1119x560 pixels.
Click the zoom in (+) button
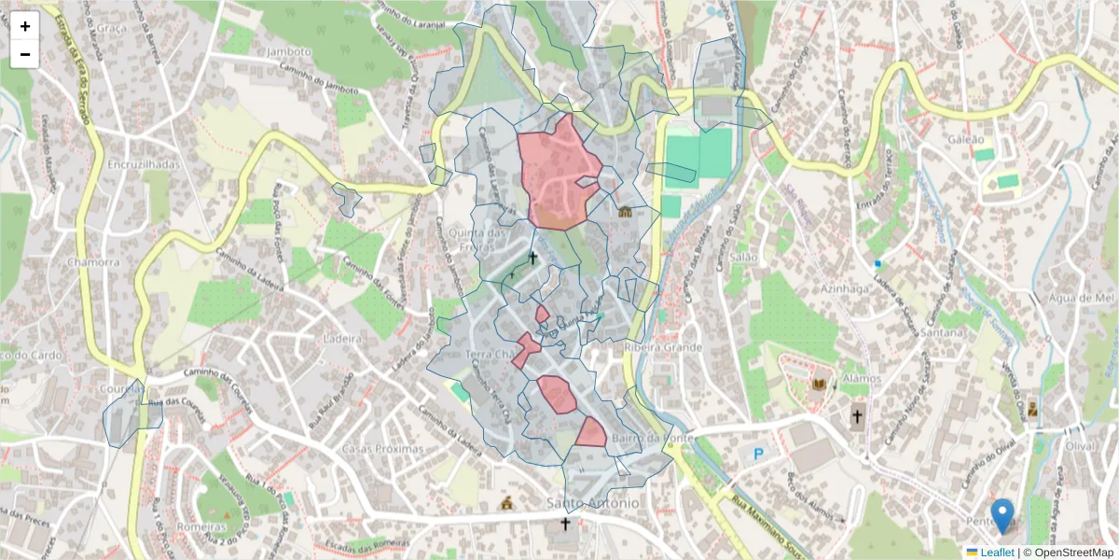click(x=25, y=26)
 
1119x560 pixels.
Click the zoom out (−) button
click(x=25, y=54)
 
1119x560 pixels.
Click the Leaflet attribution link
click(x=997, y=553)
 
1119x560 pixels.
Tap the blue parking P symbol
click(x=758, y=455)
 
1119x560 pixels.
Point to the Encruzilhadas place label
click(x=143, y=163)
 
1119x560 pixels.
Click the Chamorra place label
click(x=93, y=262)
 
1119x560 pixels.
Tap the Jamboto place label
click(x=287, y=51)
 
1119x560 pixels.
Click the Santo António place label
click(x=593, y=503)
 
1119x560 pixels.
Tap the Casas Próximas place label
click(x=382, y=449)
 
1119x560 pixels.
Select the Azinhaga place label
click(x=844, y=289)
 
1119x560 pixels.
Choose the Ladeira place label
click(x=341, y=338)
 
